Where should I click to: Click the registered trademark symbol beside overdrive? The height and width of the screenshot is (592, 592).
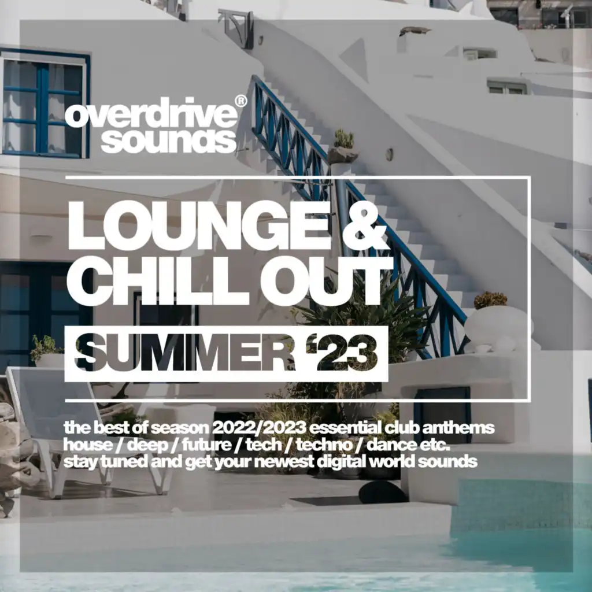[241, 101]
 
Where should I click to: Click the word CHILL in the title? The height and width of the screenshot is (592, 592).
[158, 282]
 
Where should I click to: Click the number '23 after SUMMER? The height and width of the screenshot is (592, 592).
[342, 353]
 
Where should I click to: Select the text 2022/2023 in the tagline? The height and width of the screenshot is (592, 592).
[259, 428]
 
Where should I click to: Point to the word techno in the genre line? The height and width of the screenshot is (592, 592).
[324, 445]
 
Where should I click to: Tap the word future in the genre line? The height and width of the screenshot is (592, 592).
[206, 445]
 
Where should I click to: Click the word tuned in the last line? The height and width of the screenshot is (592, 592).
[124, 461]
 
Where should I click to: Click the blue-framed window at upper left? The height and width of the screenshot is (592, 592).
[45, 103]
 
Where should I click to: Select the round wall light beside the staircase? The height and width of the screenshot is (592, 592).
[389, 154]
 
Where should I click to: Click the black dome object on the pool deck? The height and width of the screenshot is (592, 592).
[383, 491]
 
